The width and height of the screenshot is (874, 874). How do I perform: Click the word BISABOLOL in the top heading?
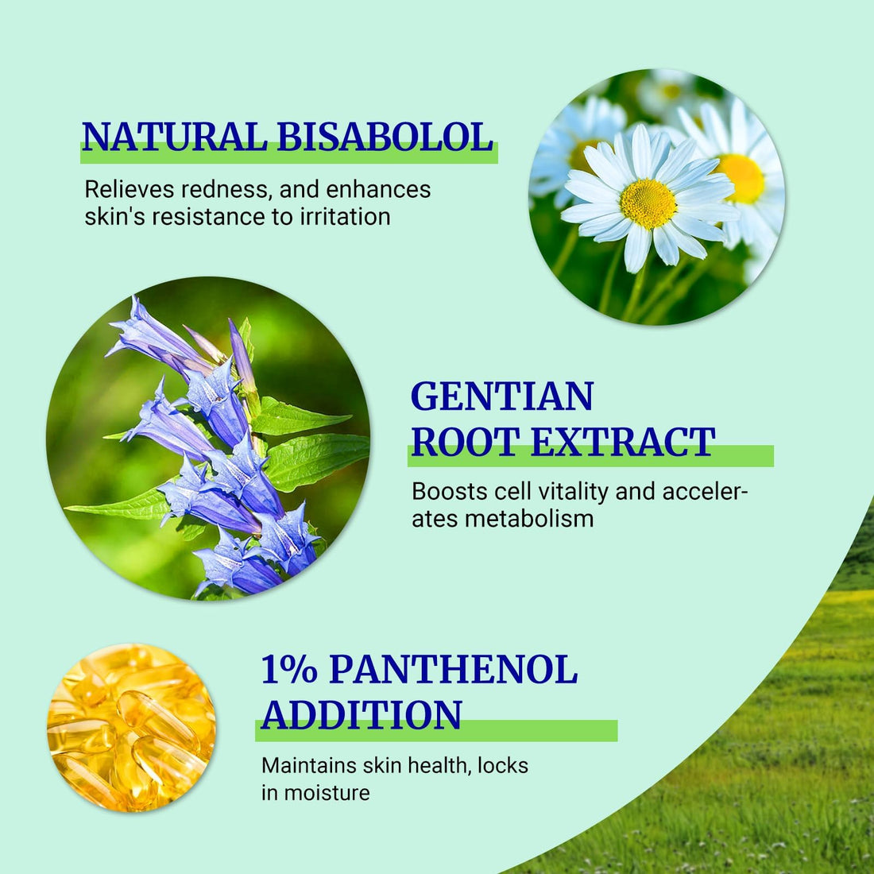coord(385,137)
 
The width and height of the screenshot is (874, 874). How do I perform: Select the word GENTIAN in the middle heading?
coord(502,396)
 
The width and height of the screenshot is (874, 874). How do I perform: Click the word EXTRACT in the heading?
coord(623,442)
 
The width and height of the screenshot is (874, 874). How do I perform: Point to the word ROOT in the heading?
coord(464,442)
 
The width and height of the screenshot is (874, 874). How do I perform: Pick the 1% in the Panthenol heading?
coord(289,670)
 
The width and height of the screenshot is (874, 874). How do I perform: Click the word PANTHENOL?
coord(453,670)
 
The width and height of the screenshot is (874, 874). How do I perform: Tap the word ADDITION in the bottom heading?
coord(362,714)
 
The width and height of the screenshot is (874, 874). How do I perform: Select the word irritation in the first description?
coord(345,216)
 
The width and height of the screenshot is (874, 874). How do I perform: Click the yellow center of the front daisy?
coord(648,203)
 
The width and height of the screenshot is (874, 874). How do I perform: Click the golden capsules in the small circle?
coord(131,727)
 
